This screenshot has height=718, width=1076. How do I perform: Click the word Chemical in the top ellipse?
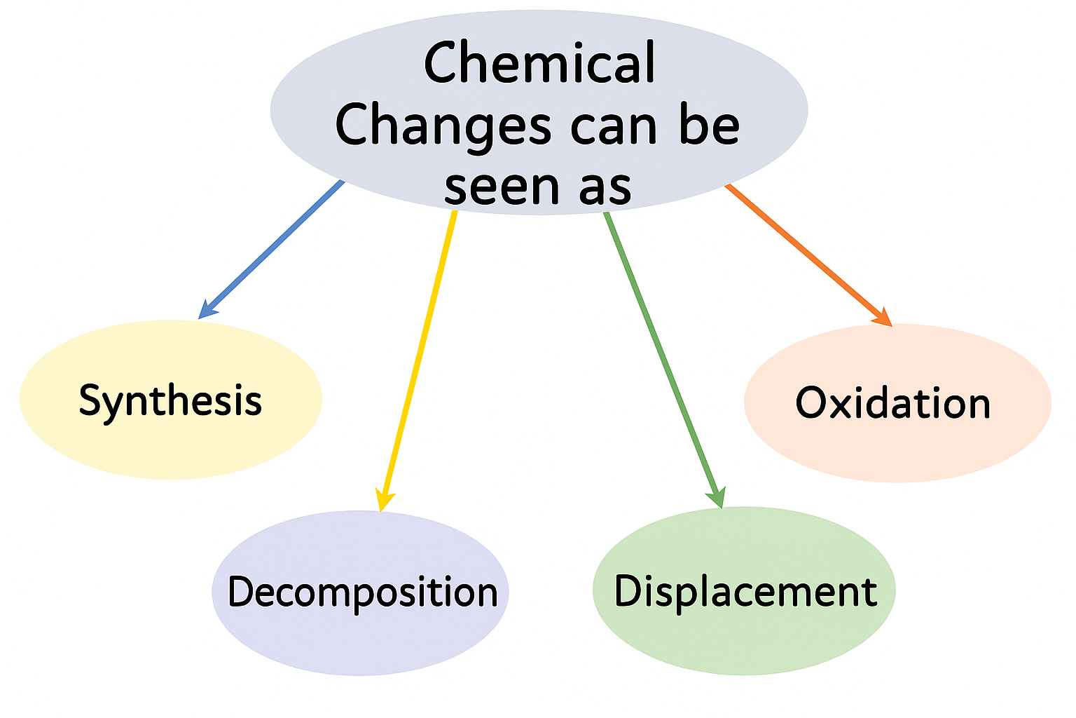point(539,63)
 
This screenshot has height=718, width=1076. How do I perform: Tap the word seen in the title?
point(502,187)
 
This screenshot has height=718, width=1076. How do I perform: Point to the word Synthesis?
point(170,401)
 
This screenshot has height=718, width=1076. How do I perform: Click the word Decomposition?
point(362,592)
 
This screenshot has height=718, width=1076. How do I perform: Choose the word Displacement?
point(745,591)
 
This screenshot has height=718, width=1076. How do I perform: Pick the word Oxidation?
point(893,403)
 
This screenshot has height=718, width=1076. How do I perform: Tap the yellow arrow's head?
point(383,501)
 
